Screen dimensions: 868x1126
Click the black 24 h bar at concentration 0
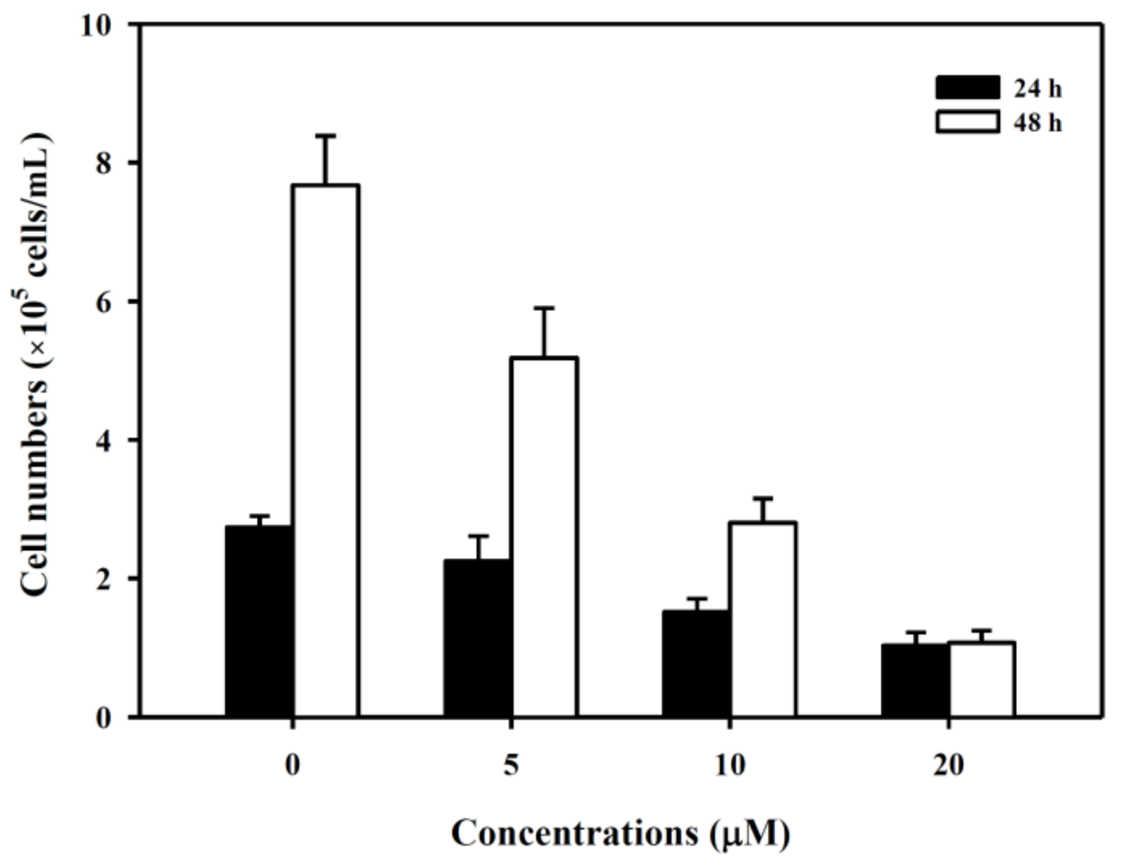pos(260,621)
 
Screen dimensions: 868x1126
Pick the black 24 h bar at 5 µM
pos(478,638)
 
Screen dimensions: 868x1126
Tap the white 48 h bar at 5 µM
pos(544,536)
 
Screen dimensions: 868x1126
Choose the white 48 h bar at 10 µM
pos(762,619)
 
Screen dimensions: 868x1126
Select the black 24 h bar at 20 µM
pos(915,681)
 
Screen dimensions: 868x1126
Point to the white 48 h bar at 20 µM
pos(982,680)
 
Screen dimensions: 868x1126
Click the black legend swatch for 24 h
pos(967,88)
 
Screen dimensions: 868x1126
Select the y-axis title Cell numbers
pos(34,490)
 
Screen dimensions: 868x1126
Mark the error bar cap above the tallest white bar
pos(325,136)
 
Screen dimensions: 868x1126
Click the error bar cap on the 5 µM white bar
pos(544,308)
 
